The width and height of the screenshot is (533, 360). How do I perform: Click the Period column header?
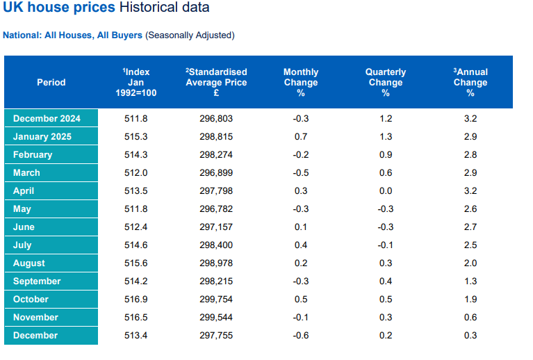[x=51, y=82]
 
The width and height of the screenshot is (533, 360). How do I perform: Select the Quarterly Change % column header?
[x=386, y=82]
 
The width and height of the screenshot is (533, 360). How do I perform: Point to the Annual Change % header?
[x=470, y=82]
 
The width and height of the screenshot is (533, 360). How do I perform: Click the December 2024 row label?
[x=47, y=119]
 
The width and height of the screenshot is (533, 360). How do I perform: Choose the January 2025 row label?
[x=42, y=137]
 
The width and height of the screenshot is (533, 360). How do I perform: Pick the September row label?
[x=37, y=281]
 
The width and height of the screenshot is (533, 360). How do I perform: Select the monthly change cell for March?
[x=301, y=173]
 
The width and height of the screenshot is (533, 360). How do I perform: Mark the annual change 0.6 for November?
[x=470, y=318]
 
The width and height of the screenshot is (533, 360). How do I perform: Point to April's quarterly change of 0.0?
[x=386, y=191]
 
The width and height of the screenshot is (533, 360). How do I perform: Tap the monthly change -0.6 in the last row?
[x=301, y=336]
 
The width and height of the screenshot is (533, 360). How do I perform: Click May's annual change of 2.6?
[x=470, y=209]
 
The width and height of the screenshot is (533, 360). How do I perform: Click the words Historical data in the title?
[x=164, y=8]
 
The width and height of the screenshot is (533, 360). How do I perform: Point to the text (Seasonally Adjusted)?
[x=190, y=35]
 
